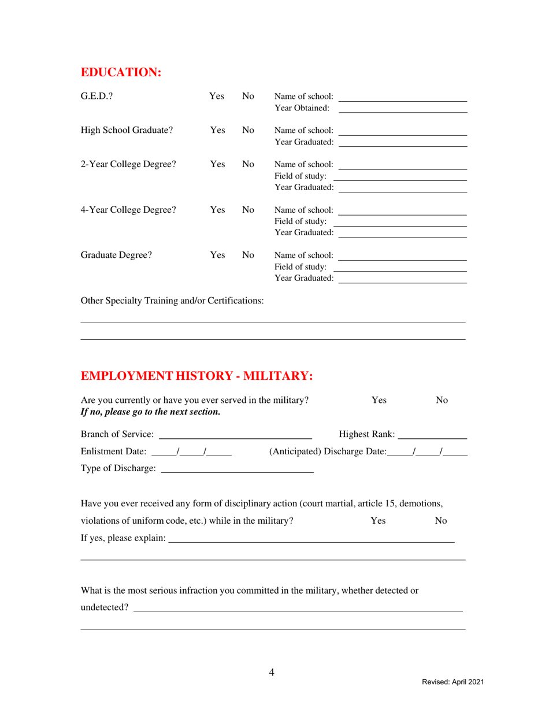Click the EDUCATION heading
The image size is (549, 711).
pyautogui.click(x=121, y=72)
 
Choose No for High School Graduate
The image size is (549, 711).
pyautogui.click(x=248, y=130)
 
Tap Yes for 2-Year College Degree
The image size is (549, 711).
pyautogui.click(x=216, y=164)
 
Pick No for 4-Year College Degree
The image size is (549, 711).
pyautogui.click(x=248, y=210)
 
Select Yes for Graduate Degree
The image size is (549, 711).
pyautogui.click(x=216, y=255)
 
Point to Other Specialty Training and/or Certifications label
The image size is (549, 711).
pyautogui.click(x=173, y=301)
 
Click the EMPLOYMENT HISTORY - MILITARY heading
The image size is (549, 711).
pyautogui.click(x=197, y=376)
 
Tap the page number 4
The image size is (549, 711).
pyautogui.click(x=272, y=672)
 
